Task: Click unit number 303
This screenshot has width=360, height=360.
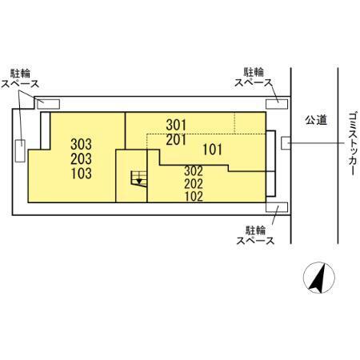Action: point(81,144)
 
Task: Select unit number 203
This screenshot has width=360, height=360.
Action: point(81,159)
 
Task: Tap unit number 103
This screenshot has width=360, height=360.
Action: point(81,174)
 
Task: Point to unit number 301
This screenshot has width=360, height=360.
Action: point(176,125)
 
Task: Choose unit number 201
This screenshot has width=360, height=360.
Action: point(176,139)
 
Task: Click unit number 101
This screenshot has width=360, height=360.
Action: point(212,150)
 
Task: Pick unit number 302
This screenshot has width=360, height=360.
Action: point(194,171)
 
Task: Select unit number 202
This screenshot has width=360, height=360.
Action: point(194,184)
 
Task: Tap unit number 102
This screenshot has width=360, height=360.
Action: point(194,197)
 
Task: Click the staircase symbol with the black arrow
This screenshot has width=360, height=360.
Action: point(138,178)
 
